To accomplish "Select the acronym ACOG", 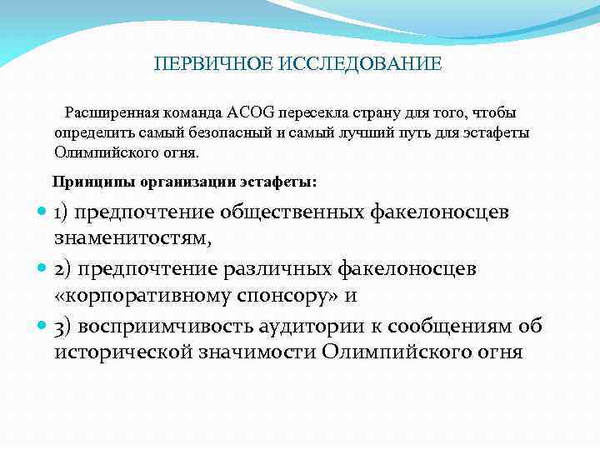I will click(x=253, y=112).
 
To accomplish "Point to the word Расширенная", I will click(x=107, y=112).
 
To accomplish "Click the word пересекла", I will click(x=309, y=112).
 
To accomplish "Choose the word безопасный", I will click(x=228, y=132).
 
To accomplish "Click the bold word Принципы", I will click(x=87, y=180).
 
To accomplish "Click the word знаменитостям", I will click(x=132, y=239).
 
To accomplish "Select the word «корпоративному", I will click(x=148, y=297).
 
